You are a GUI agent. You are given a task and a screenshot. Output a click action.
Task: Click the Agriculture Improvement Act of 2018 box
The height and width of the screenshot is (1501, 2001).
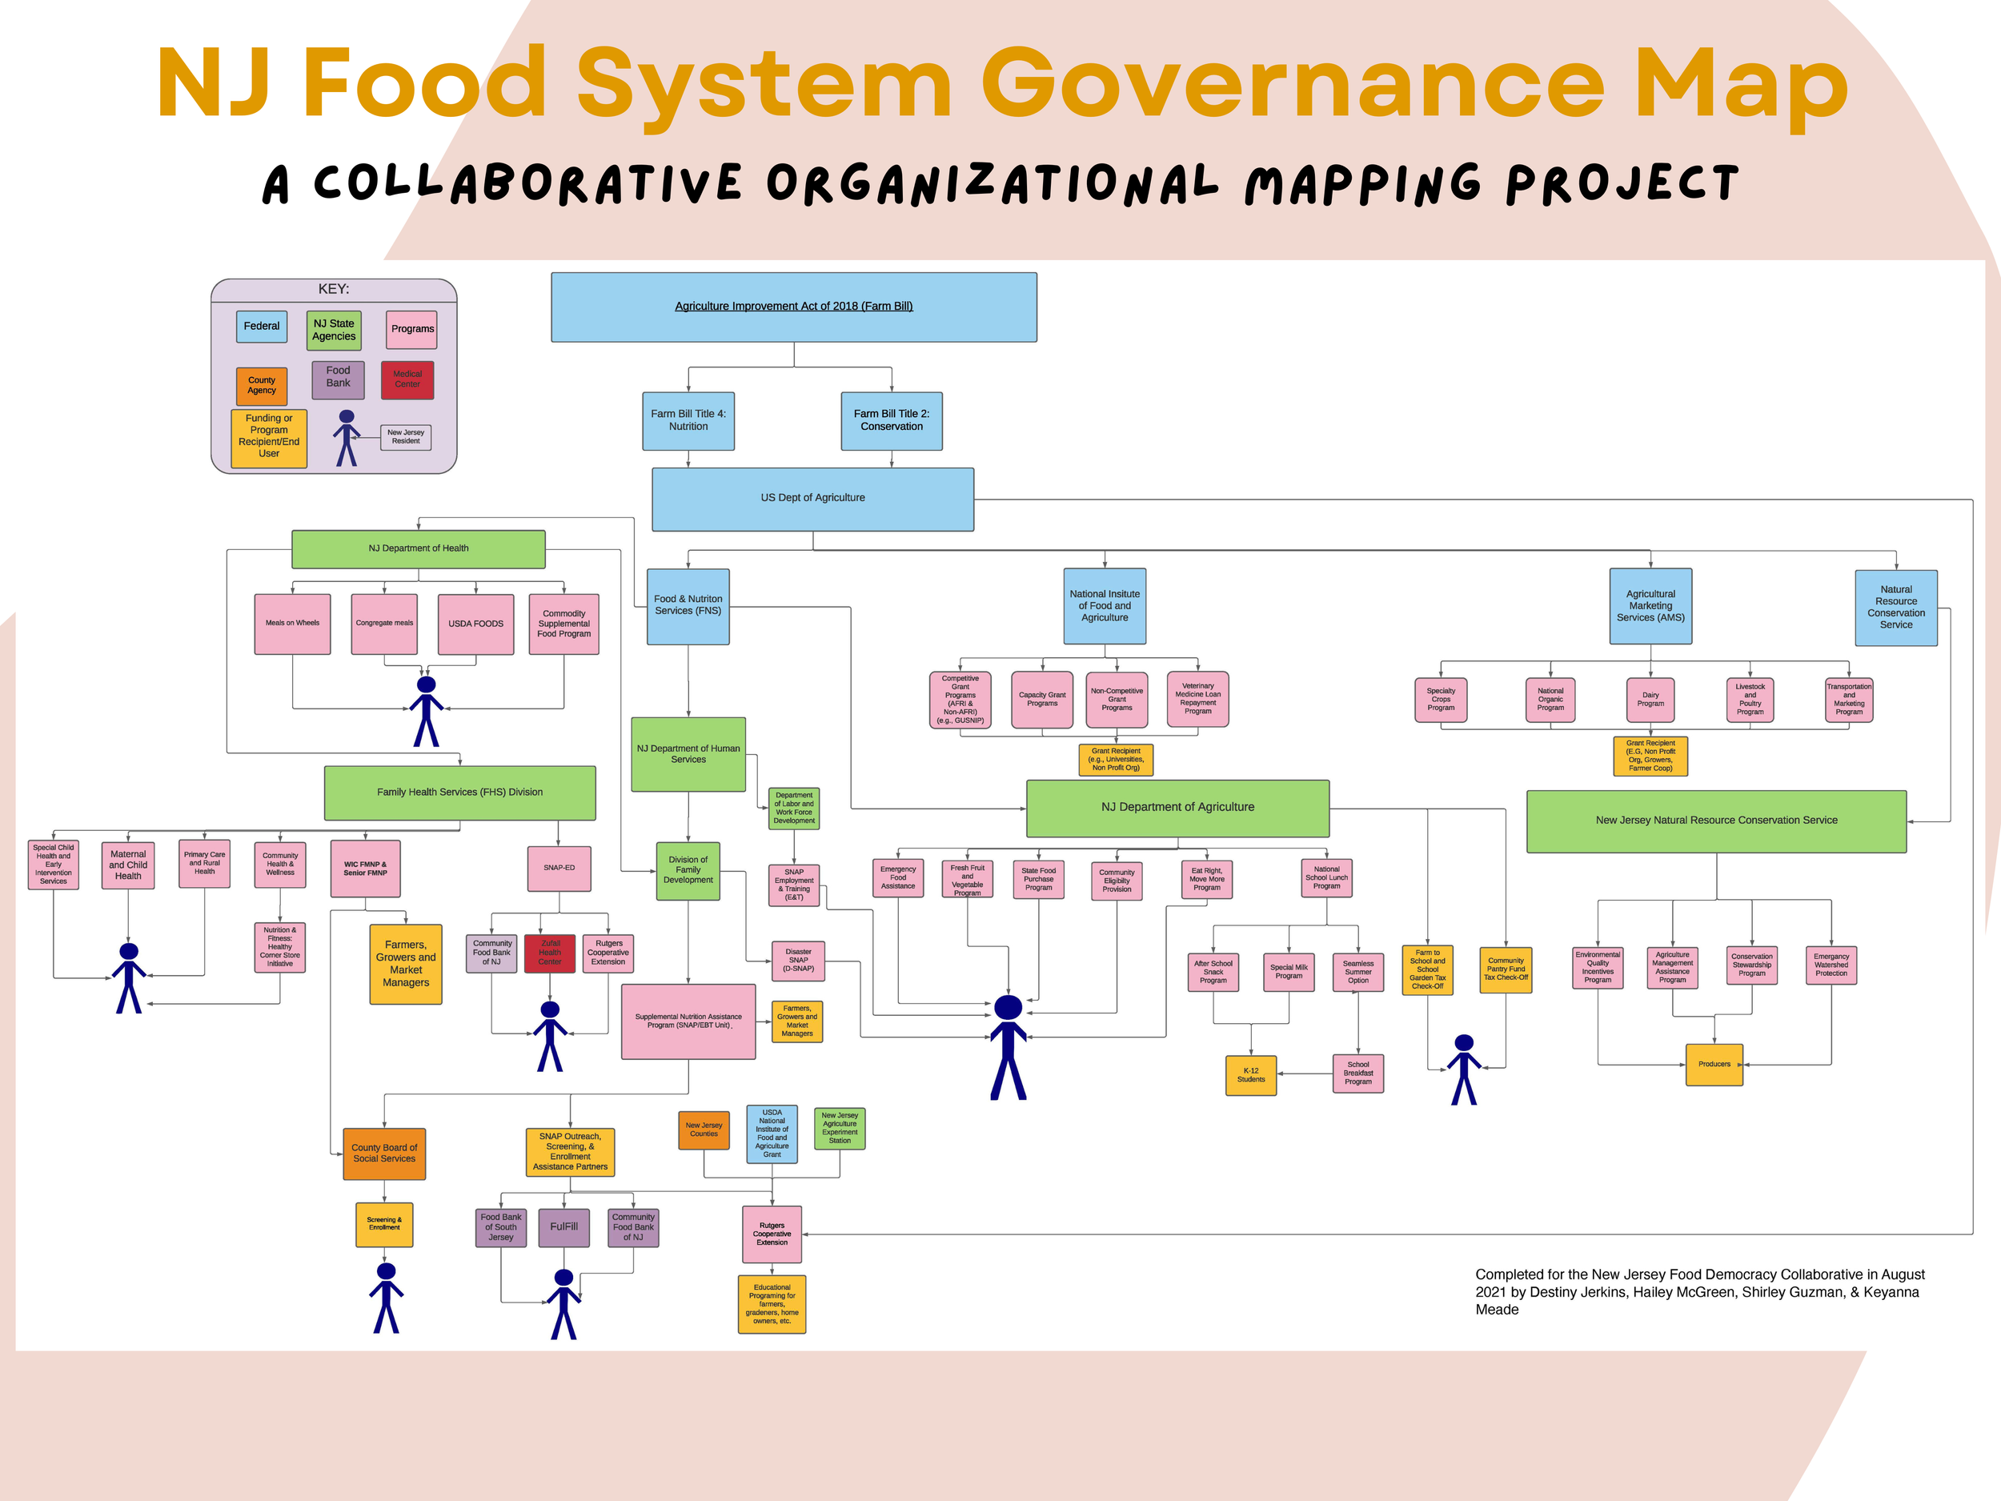tap(793, 307)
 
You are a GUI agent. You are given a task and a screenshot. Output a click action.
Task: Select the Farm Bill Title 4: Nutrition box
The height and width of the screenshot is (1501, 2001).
tap(688, 421)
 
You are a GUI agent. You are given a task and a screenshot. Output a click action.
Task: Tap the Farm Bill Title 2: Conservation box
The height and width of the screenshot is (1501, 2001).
tap(891, 421)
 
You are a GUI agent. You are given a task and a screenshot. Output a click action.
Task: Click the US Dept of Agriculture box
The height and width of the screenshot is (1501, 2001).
tap(812, 499)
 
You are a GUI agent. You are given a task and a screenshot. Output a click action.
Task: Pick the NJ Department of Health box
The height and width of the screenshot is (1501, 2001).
tap(418, 548)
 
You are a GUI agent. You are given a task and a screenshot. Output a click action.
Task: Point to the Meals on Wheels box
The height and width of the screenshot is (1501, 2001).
tap(292, 624)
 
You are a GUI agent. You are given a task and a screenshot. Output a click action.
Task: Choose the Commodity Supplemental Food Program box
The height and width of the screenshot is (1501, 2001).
tap(563, 624)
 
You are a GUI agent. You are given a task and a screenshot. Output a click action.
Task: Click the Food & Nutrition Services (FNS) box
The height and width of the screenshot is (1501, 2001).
tap(688, 605)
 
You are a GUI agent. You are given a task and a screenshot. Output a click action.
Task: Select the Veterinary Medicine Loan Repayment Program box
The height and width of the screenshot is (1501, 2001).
tap(1197, 699)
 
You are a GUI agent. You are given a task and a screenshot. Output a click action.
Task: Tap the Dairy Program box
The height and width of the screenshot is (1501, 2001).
tap(1650, 700)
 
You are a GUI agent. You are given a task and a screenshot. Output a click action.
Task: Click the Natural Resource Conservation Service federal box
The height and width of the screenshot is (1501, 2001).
tap(1896, 607)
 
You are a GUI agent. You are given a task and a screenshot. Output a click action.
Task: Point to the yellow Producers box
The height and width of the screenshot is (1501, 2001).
tap(1714, 1064)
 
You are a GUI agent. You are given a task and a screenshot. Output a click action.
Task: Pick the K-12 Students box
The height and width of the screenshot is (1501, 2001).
tap(1251, 1075)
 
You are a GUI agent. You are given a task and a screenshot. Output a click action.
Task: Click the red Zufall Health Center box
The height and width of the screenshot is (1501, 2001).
tap(550, 953)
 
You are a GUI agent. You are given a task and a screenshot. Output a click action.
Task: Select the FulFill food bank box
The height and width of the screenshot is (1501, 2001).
tap(563, 1227)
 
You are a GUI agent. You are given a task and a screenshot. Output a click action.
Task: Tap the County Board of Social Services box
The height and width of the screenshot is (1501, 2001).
tap(384, 1154)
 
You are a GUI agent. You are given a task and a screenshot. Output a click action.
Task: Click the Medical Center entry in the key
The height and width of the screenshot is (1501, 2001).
tap(407, 379)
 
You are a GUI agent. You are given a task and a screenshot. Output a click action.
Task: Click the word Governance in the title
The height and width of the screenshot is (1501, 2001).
tap(1293, 86)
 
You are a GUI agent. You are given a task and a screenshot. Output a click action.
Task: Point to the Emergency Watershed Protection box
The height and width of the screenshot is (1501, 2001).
tap(1831, 965)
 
